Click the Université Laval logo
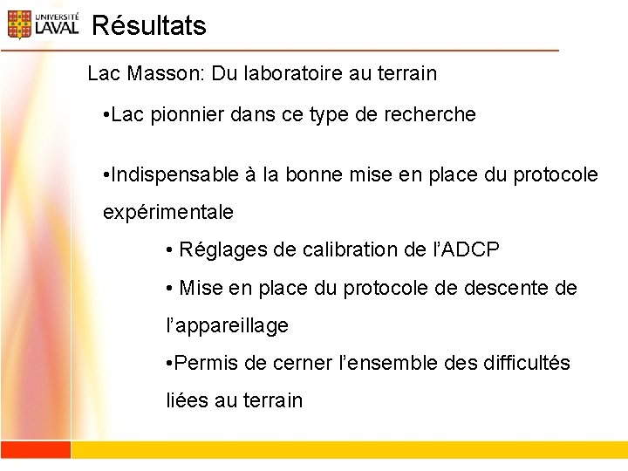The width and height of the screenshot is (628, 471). (43, 24)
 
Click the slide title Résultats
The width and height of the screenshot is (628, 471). (148, 26)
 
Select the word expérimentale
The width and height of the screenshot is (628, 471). (167, 212)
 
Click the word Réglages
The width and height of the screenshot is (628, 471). (222, 250)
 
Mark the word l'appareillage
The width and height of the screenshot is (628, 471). (227, 326)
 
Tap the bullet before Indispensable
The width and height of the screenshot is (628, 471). (106, 174)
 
